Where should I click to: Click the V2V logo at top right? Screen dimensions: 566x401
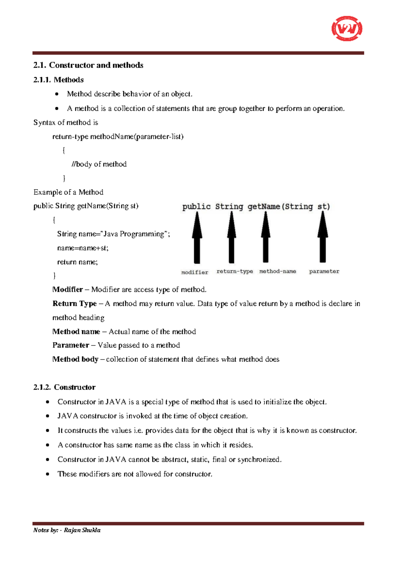[x=347, y=29]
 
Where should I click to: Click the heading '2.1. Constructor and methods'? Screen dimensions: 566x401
[x=88, y=65]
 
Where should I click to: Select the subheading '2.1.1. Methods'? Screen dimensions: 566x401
[x=58, y=80]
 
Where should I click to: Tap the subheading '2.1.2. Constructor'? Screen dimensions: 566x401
[x=64, y=387]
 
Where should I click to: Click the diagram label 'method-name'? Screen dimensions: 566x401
[x=278, y=271]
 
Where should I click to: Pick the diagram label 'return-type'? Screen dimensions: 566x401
[x=235, y=271]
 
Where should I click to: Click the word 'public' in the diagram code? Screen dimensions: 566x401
[x=196, y=207]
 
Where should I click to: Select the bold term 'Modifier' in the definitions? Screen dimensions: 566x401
[x=68, y=289]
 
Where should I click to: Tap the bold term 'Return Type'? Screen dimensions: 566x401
[x=75, y=303]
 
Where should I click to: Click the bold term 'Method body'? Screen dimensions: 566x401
[x=75, y=359]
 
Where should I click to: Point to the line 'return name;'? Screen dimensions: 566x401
[x=78, y=262]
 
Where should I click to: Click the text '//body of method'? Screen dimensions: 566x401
[x=99, y=164]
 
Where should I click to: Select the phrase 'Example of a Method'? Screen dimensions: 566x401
[x=69, y=192]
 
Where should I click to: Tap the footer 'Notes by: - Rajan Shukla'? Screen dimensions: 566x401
[x=67, y=530]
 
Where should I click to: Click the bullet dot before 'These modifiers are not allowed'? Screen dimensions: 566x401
[x=48, y=474]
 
